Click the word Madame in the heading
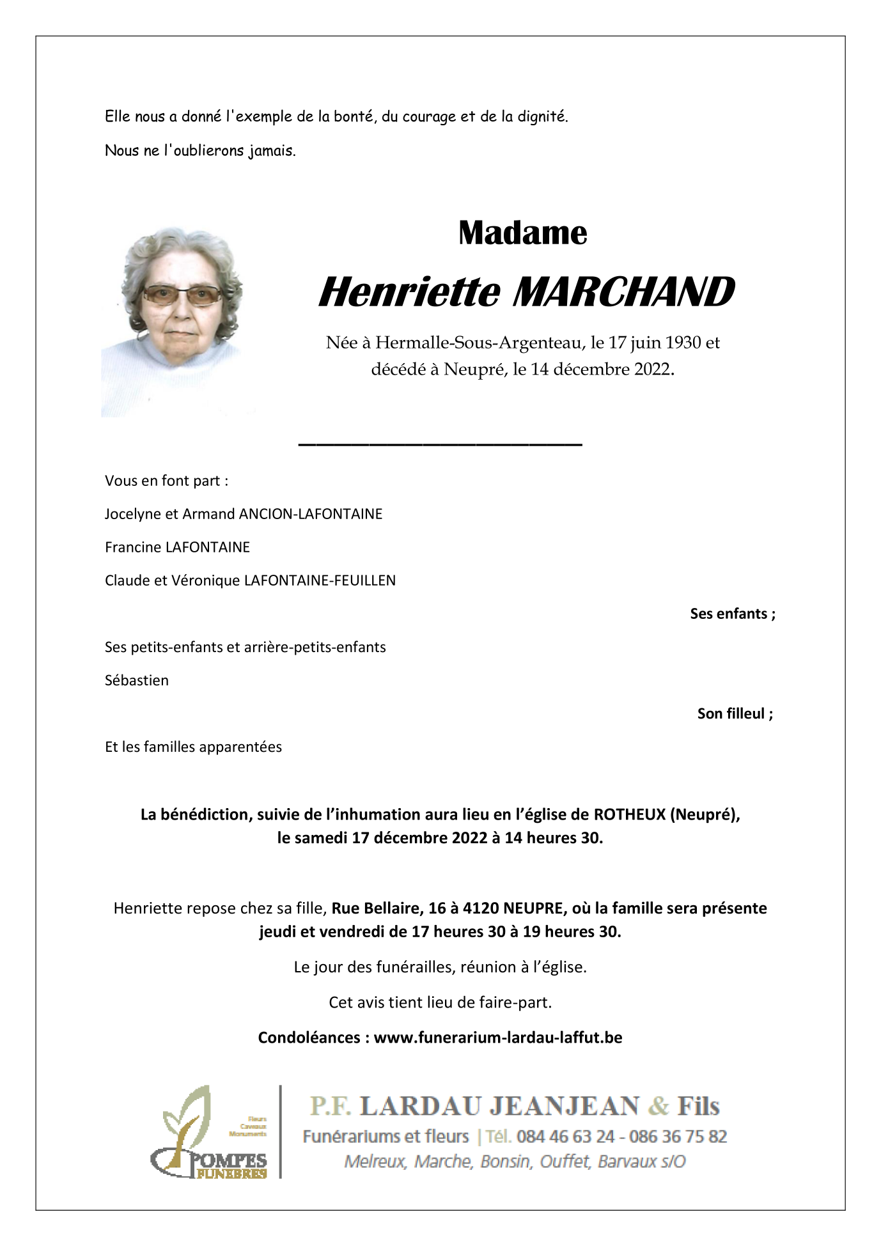tap(522, 233)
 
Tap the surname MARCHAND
tap(623, 292)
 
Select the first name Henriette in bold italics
tap(409, 292)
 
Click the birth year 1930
tap(683, 343)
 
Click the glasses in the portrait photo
tap(182, 295)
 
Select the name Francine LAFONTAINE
tap(177, 547)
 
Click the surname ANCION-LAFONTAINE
tap(310, 514)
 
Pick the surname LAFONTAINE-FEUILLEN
tap(320, 580)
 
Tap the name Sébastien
tap(137, 680)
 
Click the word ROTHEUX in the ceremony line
tap(629, 814)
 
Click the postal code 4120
tap(481, 908)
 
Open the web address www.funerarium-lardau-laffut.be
tap(497, 1038)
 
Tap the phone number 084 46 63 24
tap(565, 1136)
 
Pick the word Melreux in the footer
tap(375, 1161)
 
